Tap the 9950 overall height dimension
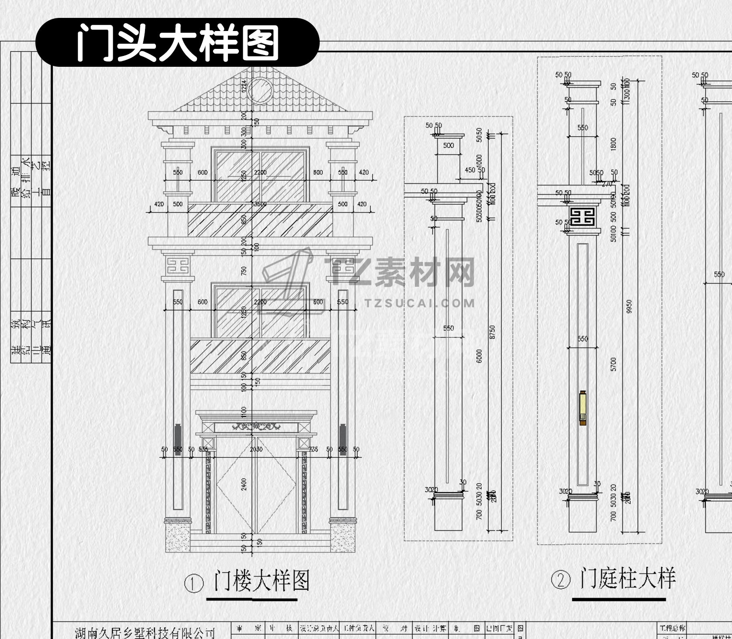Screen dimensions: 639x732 [629, 307]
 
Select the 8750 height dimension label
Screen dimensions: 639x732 [493, 332]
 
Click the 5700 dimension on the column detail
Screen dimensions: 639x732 [614, 364]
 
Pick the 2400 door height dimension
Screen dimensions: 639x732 [244, 484]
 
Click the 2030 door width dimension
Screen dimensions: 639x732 [256, 449]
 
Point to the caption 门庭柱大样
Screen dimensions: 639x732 [628, 579]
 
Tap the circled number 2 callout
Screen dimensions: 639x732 [561, 581]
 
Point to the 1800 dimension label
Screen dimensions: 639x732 [614, 144]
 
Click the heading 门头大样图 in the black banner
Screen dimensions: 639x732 [177, 43]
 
